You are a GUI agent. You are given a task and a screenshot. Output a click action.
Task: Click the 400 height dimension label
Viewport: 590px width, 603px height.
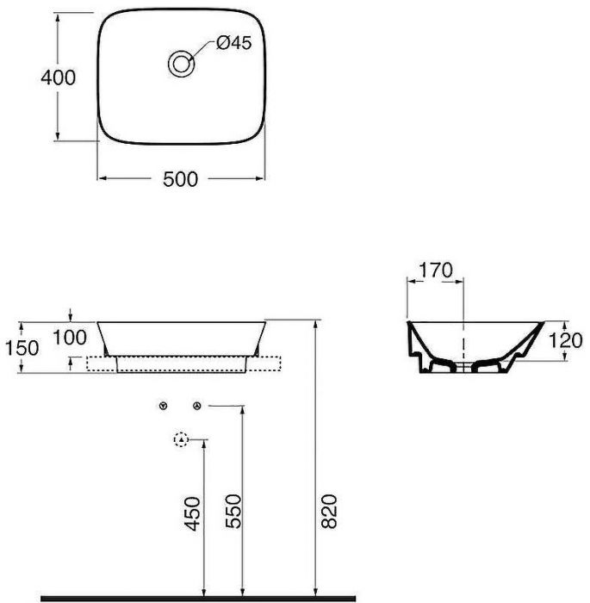coord(59,77)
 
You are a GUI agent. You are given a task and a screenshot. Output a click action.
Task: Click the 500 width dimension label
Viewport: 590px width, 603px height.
coord(181,178)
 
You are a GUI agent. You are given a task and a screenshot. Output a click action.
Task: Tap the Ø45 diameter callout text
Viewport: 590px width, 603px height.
coord(233,44)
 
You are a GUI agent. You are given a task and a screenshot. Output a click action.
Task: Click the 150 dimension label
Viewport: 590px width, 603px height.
coord(23,347)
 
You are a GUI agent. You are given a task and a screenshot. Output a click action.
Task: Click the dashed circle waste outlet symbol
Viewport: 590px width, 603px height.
coord(180,440)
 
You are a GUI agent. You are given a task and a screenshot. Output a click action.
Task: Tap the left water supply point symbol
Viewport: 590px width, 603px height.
coord(162,406)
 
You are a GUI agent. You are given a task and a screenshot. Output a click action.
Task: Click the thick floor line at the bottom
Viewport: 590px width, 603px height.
coord(198,597)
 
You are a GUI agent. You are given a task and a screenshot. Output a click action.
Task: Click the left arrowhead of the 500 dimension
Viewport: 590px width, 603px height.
coord(99,178)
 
